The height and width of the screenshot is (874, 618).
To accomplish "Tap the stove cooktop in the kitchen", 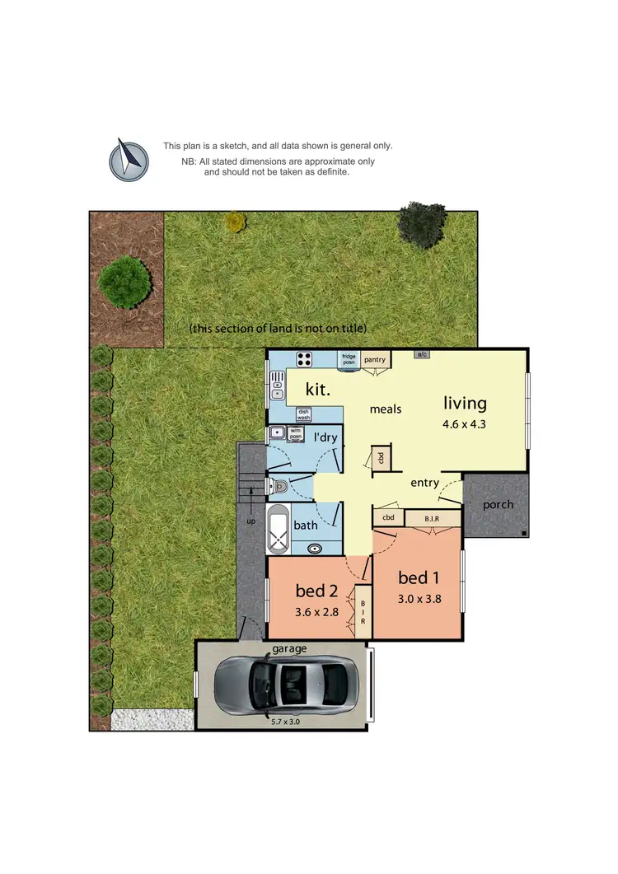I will [303, 359].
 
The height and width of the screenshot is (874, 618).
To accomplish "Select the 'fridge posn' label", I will [349, 359].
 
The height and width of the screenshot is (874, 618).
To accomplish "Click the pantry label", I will [376, 359].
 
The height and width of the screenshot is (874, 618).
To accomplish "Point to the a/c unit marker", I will [423, 354].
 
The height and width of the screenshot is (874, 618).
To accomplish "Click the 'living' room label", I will [465, 403].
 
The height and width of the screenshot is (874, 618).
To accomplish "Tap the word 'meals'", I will [385, 409].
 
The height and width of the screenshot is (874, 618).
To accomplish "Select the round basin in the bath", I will [315, 548].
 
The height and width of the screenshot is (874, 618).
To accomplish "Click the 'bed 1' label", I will [419, 577].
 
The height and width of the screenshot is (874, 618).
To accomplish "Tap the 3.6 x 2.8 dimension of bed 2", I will [317, 612].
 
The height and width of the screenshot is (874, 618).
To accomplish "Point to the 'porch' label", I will [498, 504].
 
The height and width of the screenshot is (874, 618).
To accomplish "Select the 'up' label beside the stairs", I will [251, 521].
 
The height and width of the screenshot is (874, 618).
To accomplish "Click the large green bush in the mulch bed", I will [124, 282].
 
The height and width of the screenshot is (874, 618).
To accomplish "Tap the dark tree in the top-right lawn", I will [423, 225].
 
